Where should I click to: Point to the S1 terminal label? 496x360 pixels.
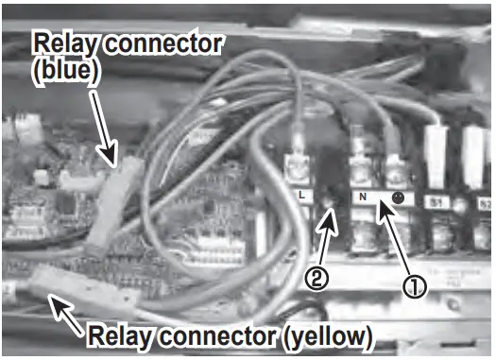(x=436, y=200)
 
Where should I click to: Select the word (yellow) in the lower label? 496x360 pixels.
(x=322, y=335)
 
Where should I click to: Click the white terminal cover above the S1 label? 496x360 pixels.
(x=436, y=146)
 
